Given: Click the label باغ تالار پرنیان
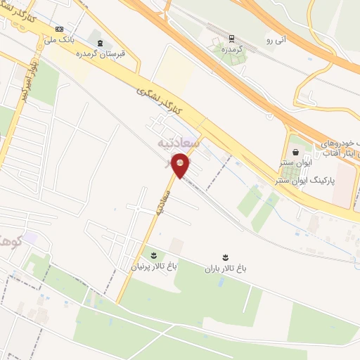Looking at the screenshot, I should pos(148,266).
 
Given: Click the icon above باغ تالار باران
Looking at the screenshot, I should pos(225,255).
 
